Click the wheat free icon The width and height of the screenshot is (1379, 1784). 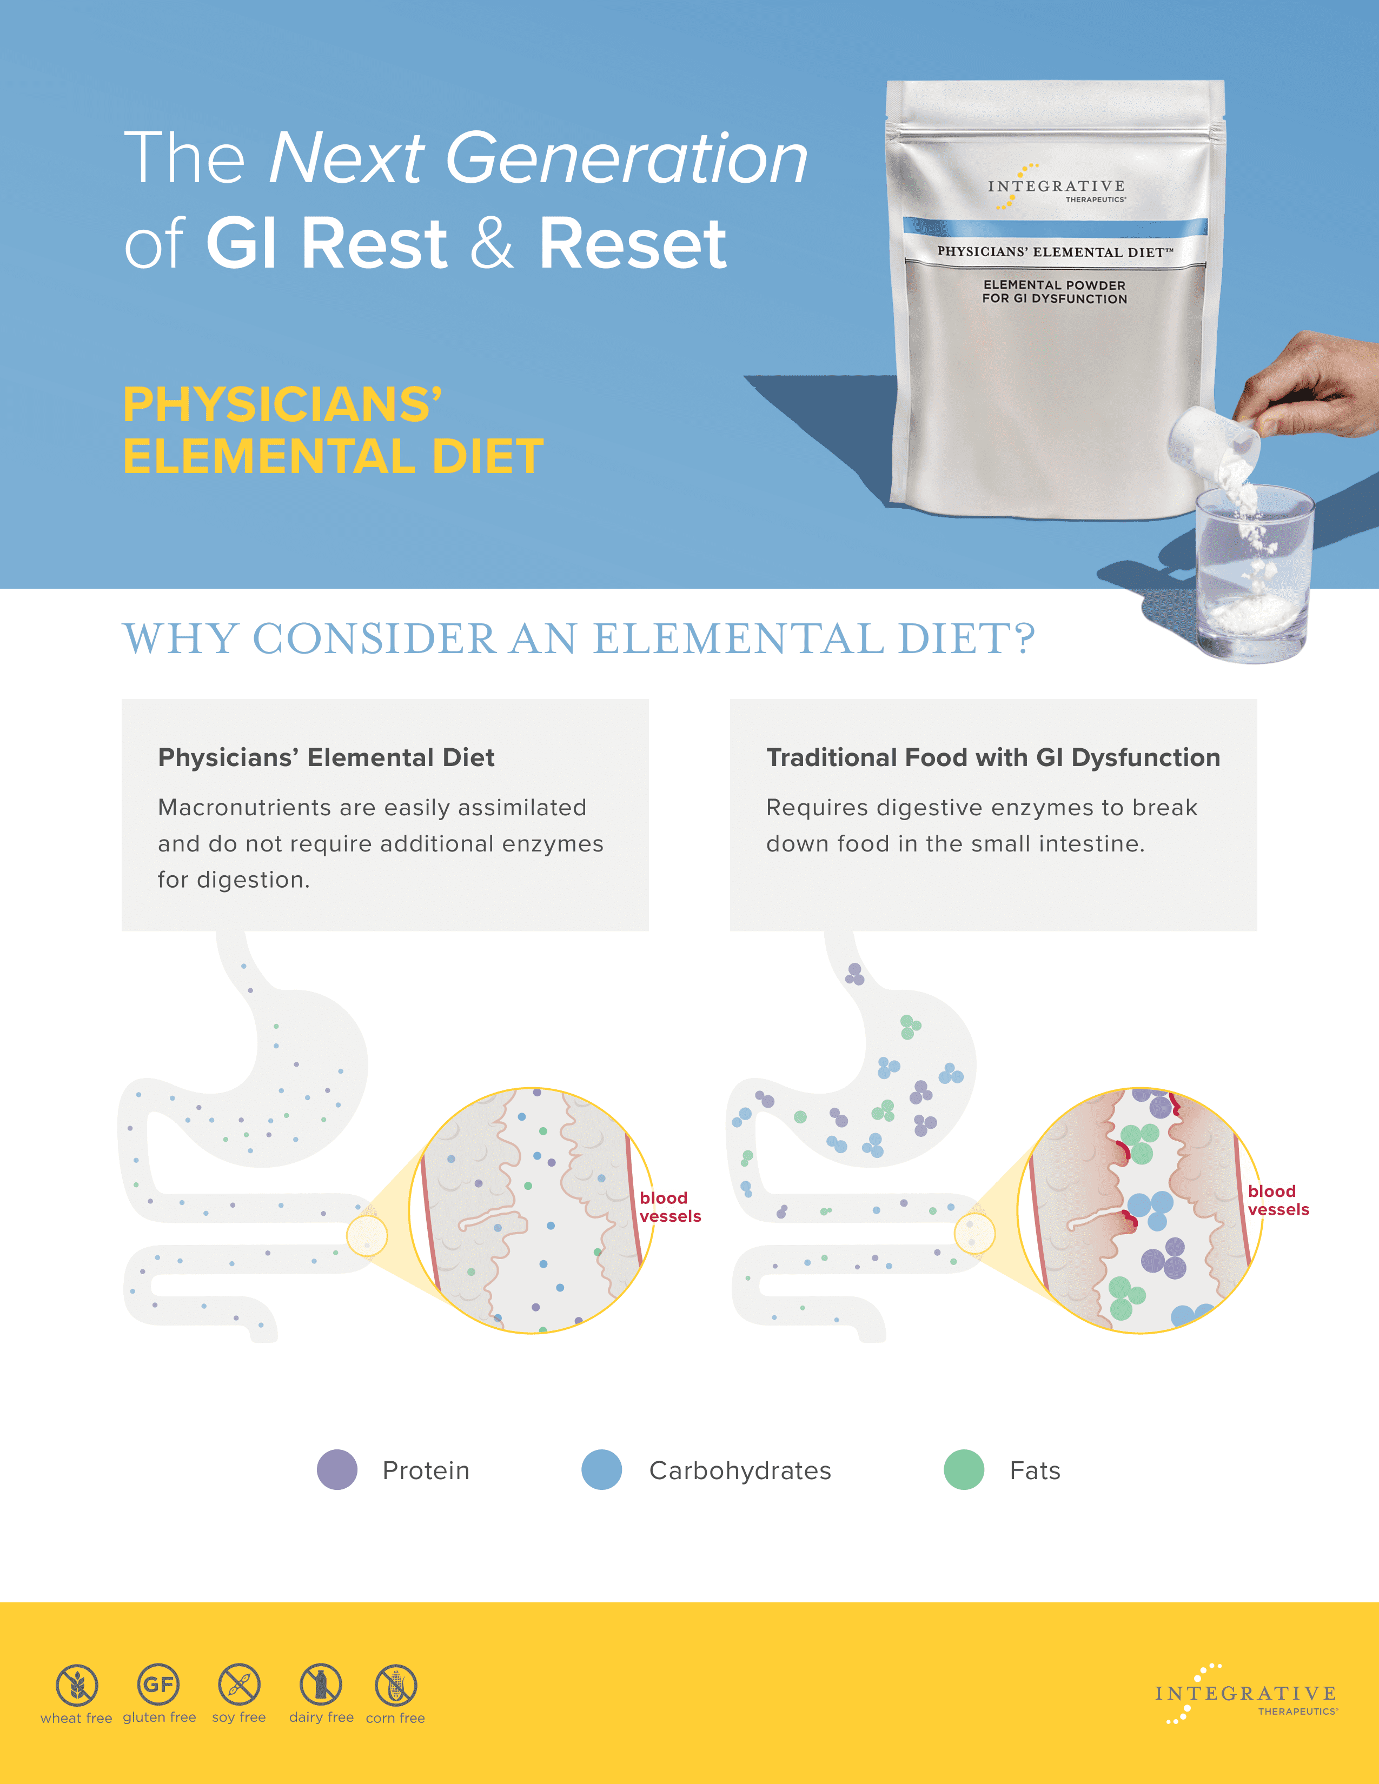tap(77, 1685)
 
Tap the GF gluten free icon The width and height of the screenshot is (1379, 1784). tap(158, 1683)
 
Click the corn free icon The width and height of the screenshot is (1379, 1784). tap(395, 1685)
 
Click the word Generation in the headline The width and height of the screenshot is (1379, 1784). tap(627, 158)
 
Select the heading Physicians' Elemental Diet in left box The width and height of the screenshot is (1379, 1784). tap(326, 757)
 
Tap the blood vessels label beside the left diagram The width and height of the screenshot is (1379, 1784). tap(670, 1207)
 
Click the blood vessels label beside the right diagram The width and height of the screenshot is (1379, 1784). tap(1278, 1200)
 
